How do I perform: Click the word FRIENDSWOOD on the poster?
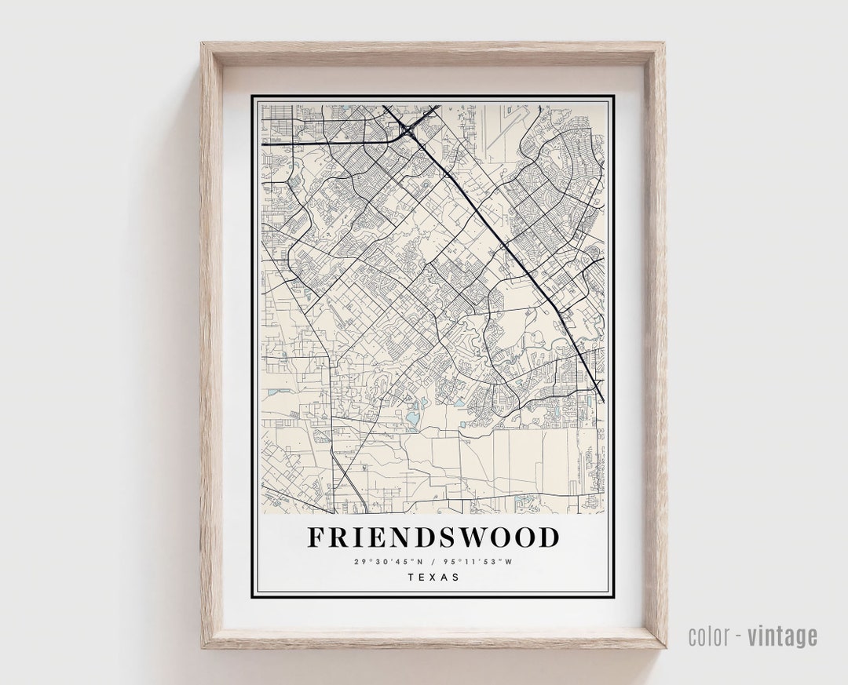(x=433, y=537)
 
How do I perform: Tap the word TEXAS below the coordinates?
(x=433, y=578)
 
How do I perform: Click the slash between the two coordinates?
(x=433, y=561)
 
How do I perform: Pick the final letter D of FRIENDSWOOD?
(x=550, y=537)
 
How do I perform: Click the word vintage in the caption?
(x=782, y=636)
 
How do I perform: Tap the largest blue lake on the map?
(x=412, y=417)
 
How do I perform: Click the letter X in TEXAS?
(x=433, y=578)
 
